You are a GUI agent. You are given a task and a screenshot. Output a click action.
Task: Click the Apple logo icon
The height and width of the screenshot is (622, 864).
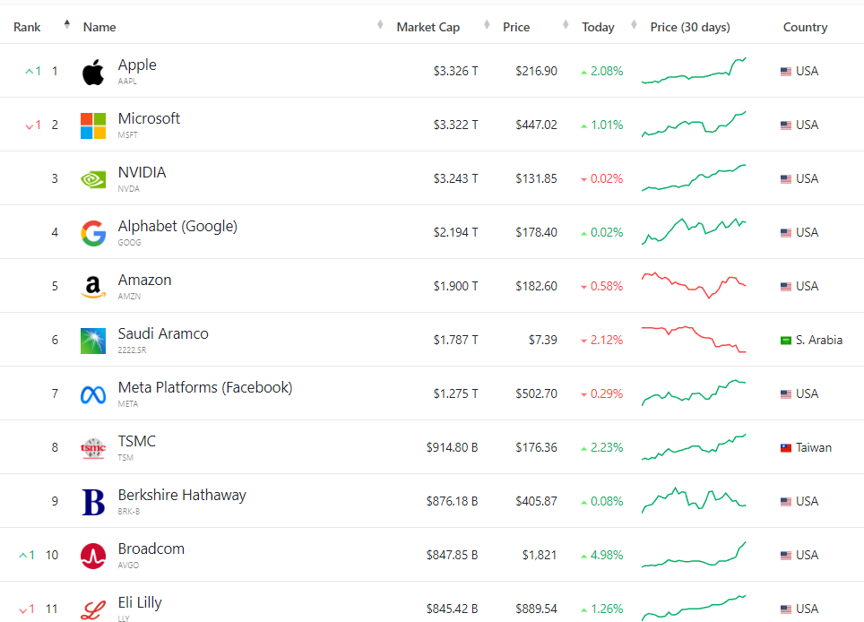click(x=93, y=72)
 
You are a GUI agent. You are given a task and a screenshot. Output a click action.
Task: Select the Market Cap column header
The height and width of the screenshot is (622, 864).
click(x=428, y=27)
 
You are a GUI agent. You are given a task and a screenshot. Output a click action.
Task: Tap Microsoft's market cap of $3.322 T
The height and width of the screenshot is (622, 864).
click(x=455, y=125)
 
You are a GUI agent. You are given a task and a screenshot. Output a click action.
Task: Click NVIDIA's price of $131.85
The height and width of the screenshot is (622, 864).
click(x=536, y=179)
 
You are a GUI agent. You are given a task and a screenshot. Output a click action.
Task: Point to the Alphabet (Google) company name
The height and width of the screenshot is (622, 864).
click(x=177, y=227)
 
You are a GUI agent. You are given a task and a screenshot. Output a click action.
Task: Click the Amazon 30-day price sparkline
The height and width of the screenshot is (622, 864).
click(x=694, y=285)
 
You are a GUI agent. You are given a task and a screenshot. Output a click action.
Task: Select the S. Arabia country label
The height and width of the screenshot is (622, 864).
click(x=818, y=341)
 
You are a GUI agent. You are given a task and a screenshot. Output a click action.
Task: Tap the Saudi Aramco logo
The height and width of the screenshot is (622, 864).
click(x=93, y=341)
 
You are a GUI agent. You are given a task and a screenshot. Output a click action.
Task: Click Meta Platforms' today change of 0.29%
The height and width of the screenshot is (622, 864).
click(x=606, y=394)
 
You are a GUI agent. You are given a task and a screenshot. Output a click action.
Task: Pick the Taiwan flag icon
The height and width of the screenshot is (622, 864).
click(x=786, y=448)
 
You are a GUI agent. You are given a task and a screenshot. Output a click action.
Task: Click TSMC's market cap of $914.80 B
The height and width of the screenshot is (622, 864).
click(x=452, y=448)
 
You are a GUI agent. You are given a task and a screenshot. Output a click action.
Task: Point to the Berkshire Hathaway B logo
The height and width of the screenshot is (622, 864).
click(x=93, y=502)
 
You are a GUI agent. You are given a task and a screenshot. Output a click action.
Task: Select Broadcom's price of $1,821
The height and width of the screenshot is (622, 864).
click(x=540, y=556)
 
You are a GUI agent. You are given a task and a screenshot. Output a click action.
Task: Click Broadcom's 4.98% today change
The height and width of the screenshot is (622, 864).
click(x=606, y=556)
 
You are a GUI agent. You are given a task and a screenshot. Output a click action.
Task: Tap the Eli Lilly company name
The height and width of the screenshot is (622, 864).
click(x=140, y=603)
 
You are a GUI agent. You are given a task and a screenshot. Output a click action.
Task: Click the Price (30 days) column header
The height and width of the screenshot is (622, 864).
click(x=690, y=27)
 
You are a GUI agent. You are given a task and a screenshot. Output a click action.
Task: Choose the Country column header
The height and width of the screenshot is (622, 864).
click(x=805, y=27)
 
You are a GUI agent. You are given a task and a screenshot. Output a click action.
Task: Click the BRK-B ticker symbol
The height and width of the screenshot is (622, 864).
click(x=129, y=512)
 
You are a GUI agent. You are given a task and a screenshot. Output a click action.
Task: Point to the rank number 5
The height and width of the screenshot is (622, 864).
click(x=55, y=287)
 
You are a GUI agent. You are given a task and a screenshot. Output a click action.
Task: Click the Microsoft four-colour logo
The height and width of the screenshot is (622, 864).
click(x=93, y=125)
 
